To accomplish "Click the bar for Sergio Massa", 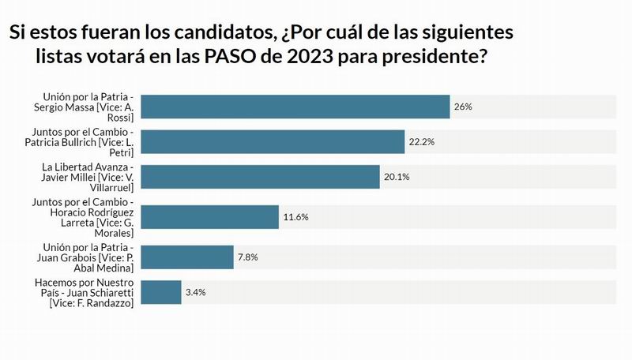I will (299, 106).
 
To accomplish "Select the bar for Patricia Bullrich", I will (276, 141).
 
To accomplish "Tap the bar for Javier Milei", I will (263, 177).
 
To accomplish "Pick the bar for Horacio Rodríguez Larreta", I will (213, 216).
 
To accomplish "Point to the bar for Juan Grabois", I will (190, 257).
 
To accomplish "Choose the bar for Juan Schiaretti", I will (164, 292).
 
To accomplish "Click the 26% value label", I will (464, 106).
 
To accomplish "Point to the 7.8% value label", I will (248, 257).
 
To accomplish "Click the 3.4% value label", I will (196, 292).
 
